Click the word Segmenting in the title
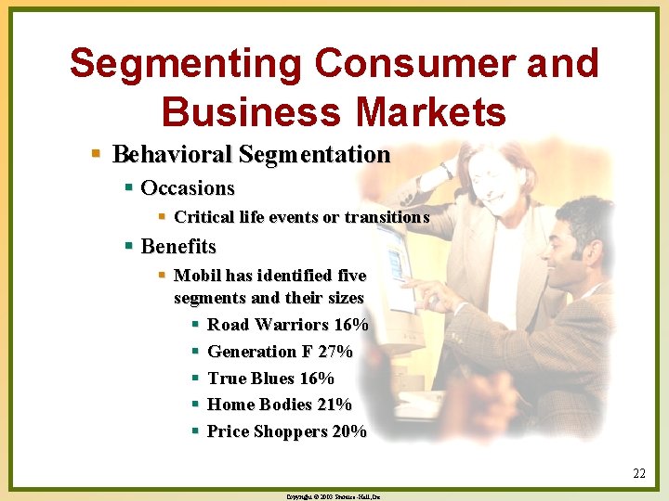pyautogui.click(x=185, y=65)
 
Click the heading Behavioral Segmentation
pyautogui.click(x=251, y=154)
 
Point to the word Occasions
pyautogui.click(x=188, y=188)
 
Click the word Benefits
pyautogui.click(x=178, y=247)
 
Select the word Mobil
pyautogui.click(x=196, y=276)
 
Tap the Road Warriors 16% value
pyautogui.click(x=350, y=325)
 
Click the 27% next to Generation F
pyautogui.click(x=334, y=352)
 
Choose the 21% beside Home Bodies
pyautogui.click(x=334, y=405)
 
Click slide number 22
pyautogui.click(x=639, y=474)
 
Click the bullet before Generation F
pyautogui.click(x=195, y=352)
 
